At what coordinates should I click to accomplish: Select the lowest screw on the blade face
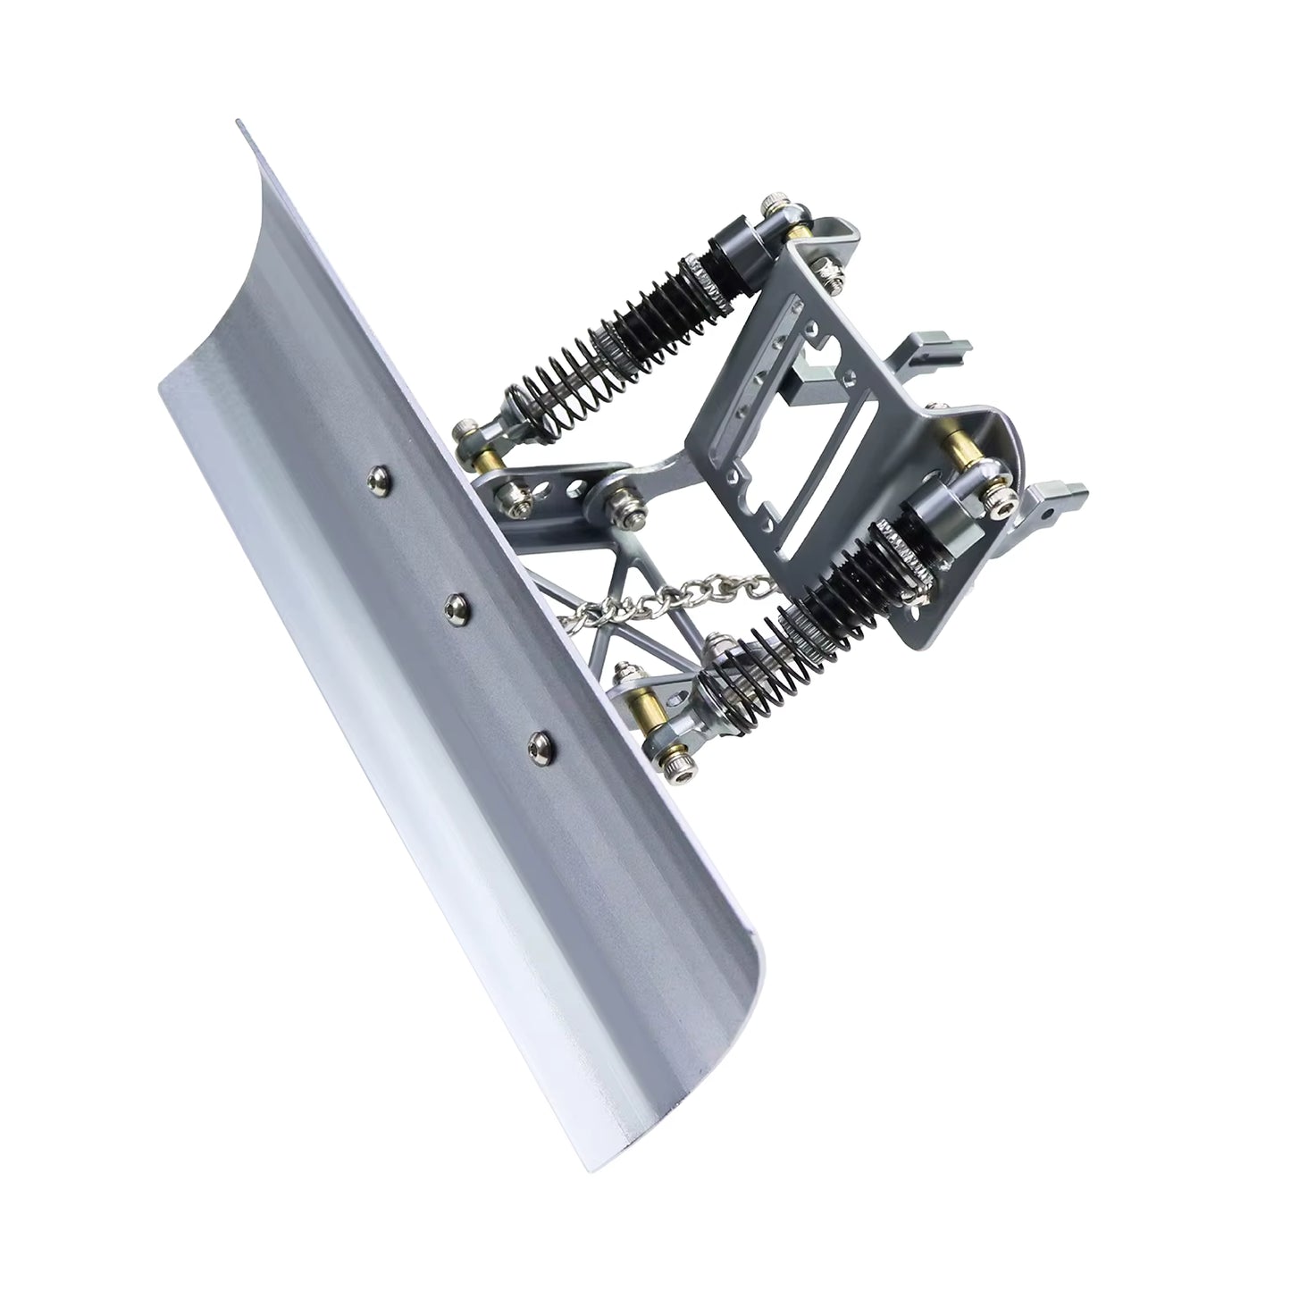click(538, 741)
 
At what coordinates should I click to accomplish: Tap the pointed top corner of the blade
click(239, 124)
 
